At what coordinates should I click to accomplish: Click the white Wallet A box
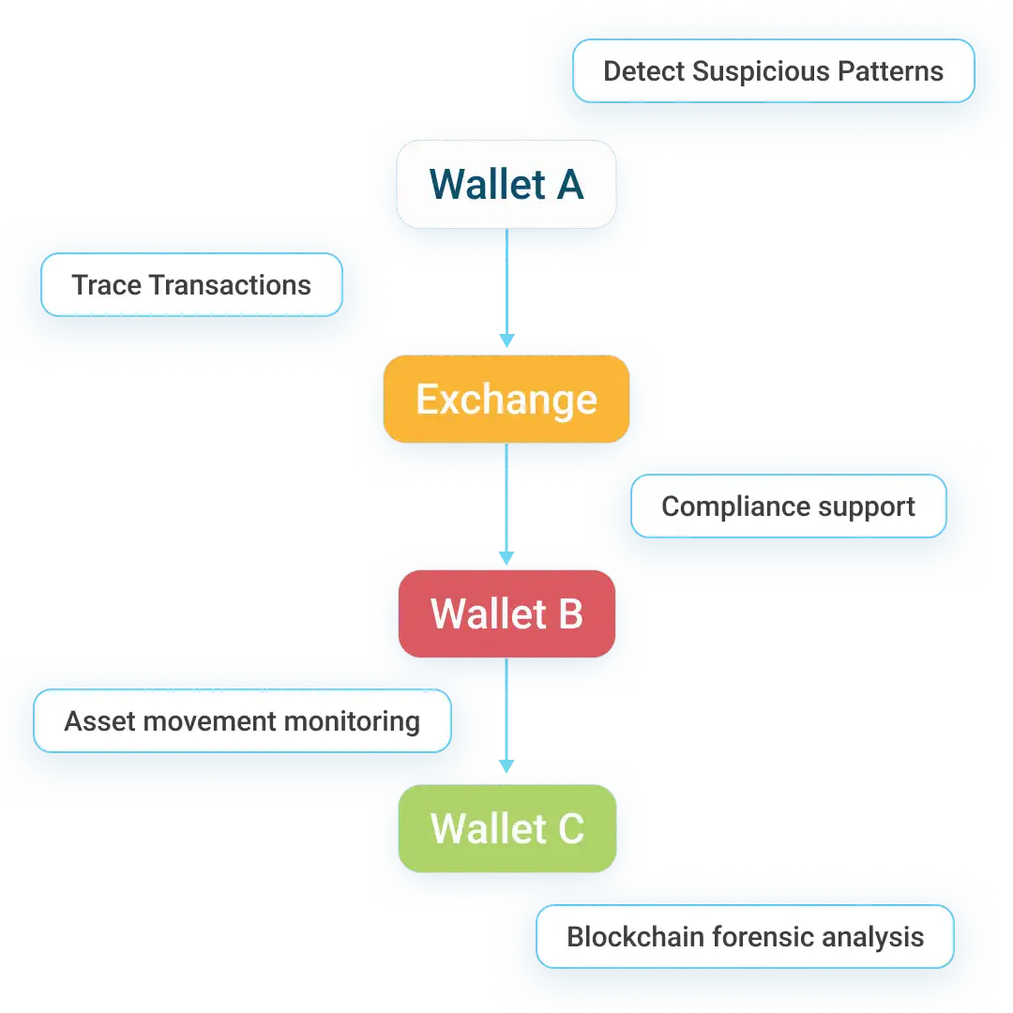[x=506, y=185]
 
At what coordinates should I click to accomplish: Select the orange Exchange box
[x=506, y=400]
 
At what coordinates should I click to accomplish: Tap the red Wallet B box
[x=506, y=614]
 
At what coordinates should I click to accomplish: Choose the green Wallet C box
[x=506, y=829]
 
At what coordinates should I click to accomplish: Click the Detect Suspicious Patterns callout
[x=773, y=71]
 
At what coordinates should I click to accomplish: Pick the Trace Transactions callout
[x=191, y=285]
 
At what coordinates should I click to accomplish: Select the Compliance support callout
[x=788, y=506]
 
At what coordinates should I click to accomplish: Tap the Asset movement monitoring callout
[x=242, y=721]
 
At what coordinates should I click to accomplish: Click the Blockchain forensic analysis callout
[x=745, y=936]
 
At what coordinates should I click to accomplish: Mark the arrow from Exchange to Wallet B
[x=506, y=505]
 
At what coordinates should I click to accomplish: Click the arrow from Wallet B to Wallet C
[x=506, y=718]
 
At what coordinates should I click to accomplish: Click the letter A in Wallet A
[x=568, y=185]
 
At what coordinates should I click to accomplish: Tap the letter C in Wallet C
[x=568, y=829]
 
